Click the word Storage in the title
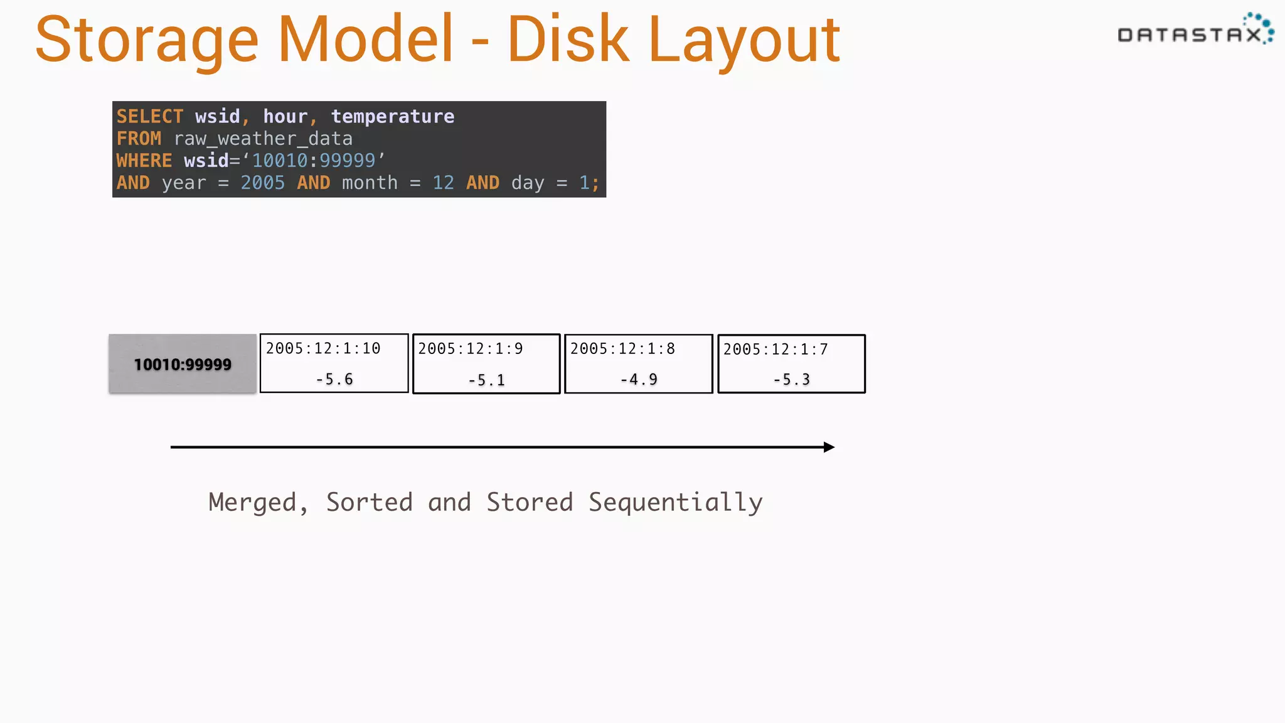coord(147,41)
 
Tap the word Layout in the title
coord(744,41)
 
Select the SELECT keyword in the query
coord(150,117)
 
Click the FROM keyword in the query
coord(139,139)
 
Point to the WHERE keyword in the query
coord(144,161)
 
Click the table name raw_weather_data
coord(263,139)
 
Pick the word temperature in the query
coord(392,117)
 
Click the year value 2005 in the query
coord(262,183)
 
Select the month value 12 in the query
coord(443,183)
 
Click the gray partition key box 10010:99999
coord(183,364)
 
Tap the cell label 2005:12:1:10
coord(323,348)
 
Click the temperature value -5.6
coord(334,379)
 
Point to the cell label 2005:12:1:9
coord(471,348)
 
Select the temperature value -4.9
coord(639,379)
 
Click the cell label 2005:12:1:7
coord(776,349)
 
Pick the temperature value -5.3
coord(792,379)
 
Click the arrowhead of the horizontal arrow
coord(829,447)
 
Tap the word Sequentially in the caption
coord(675,503)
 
